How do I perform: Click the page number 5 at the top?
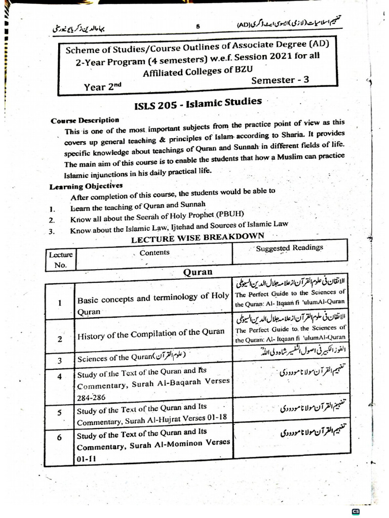coord(198,27)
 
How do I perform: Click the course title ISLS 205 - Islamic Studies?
coord(198,103)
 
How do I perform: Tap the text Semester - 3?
coord(280,80)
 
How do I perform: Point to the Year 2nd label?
coord(103,87)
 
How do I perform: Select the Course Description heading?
coord(85,121)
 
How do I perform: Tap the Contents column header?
coord(154,252)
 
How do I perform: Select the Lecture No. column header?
coord(60,259)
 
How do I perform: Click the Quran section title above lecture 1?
coord(198,272)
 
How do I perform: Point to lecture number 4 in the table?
coord(60,376)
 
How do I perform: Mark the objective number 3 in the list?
coord(51,232)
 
